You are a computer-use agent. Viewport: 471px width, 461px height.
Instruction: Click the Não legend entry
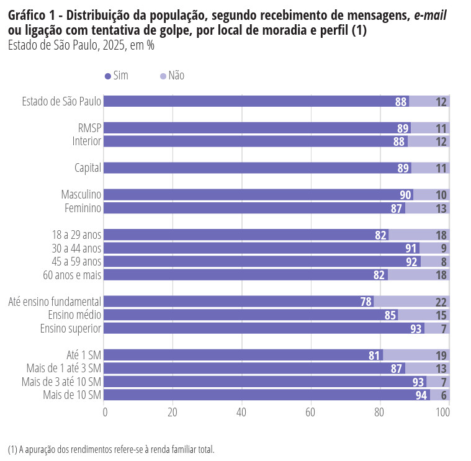pos(173,76)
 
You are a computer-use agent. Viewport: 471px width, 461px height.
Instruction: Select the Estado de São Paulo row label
pos(61,102)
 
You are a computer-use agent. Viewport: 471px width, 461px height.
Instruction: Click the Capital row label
pos(87,168)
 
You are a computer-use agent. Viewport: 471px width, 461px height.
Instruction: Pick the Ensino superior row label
pos(71,328)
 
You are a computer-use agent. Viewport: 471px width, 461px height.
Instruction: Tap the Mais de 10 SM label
pos(72,395)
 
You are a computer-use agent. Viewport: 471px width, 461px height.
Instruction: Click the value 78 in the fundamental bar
pos(366,302)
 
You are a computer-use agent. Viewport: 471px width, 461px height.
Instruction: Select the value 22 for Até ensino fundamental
pos(441,302)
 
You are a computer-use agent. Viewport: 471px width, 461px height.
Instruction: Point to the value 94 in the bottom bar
pos(421,395)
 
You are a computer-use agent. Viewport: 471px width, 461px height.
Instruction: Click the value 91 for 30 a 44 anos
pos(411,248)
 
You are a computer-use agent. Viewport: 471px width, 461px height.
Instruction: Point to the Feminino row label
pos(83,208)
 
